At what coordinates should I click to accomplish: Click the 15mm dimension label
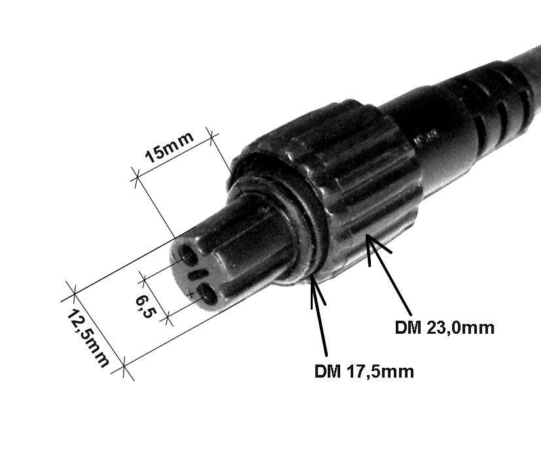point(169,147)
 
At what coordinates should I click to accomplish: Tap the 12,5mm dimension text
point(88,338)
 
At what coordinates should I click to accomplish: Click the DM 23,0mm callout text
point(444,328)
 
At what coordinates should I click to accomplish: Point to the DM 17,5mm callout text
point(364,372)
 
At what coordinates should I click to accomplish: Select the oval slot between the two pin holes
point(198,274)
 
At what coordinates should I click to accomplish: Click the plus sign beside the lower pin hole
point(190,294)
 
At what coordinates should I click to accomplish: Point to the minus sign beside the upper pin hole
point(174,256)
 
